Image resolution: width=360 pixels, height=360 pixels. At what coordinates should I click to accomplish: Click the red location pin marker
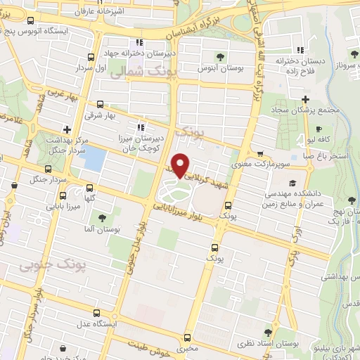[181, 165]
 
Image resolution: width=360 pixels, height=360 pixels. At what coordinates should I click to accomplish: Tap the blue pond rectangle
[92, 159]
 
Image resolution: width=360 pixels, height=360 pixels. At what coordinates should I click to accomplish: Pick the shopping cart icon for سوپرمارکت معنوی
[260, 154]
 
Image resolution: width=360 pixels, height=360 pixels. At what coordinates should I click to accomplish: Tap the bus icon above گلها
[89, 188]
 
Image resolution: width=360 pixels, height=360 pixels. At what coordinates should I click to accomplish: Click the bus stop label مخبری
[188, 348]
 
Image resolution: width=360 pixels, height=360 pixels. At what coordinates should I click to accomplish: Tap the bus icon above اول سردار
[89, 58]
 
